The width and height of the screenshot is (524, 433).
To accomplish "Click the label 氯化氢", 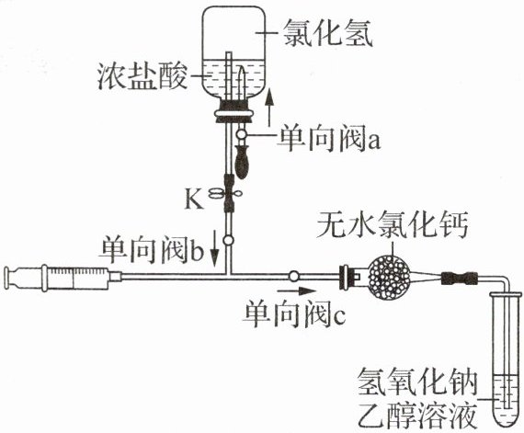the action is (x=327, y=32).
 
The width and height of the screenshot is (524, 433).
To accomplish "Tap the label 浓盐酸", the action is (x=142, y=76).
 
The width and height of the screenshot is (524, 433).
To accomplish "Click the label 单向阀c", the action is (x=295, y=314).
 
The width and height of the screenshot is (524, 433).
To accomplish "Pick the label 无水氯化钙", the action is (x=392, y=223).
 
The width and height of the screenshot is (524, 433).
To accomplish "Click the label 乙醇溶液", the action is (x=417, y=415).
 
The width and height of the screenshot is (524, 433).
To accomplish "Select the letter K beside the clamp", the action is (x=194, y=200).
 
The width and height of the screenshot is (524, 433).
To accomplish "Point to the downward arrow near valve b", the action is (x=214, y=248).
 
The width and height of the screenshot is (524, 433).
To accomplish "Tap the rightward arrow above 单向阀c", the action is (x=296, y=291).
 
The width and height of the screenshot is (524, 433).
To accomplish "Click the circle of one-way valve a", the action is (x=241, y=134).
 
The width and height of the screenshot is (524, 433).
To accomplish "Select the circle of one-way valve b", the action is (x=228, y=240).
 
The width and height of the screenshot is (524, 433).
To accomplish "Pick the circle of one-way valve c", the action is (x=294, y=276).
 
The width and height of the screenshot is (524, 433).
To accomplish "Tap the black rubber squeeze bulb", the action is (x=242, y=161).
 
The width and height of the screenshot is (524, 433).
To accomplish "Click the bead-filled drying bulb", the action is (x=388, y=276).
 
